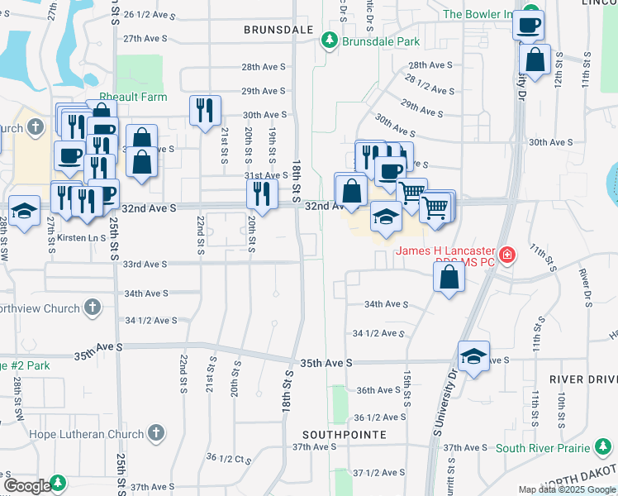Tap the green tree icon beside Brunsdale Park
[x=330, y=40]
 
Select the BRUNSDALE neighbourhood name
[x=278, y=29]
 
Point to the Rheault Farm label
[x=134, y=98]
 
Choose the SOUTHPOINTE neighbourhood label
[x=345, y=434]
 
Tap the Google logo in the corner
[x=27, y=485]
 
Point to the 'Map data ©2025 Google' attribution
[x=567, y=489]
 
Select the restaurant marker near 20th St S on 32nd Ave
[x=262, y=194]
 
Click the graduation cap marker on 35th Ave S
[x=473, y=356]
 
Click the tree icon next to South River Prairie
[x=603, y=448]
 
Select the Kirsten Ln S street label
[x=81, y=237]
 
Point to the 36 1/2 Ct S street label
[x=229, y=457]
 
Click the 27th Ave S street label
[x=145, y=39]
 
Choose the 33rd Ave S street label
[x=145, y=265]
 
